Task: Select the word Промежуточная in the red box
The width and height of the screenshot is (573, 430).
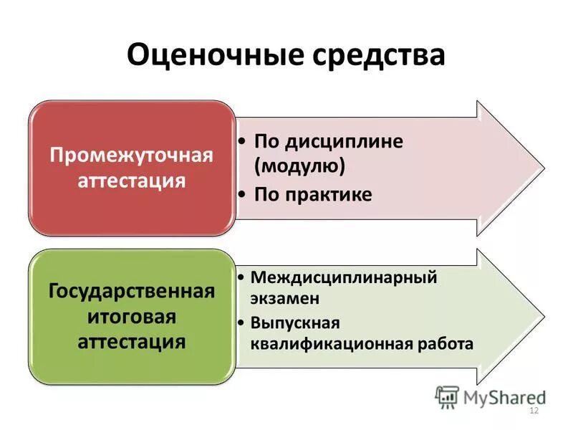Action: point(131,156)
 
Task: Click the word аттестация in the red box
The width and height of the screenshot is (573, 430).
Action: point(131,180)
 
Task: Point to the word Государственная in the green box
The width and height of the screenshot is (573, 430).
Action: point(132,292)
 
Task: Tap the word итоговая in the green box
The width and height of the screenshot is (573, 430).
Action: point(132,316)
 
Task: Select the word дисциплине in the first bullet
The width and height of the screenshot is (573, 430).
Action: point(342,141)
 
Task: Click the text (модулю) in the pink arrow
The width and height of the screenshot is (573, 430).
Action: point(300,166)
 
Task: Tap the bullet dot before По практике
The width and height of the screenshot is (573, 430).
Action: point(243,194)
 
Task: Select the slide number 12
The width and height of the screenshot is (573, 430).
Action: point(533,411)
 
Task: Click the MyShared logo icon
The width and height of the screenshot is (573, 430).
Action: point(447,396)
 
